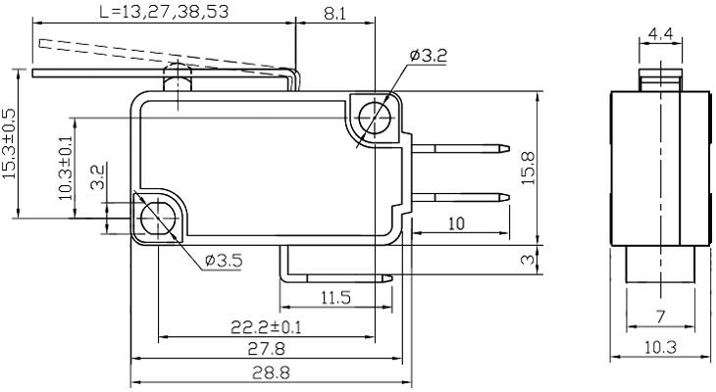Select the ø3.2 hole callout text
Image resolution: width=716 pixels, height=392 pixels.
[429, 57]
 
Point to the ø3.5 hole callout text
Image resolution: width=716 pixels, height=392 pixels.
[224, 260]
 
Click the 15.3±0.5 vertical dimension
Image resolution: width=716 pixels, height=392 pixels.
[10, 143]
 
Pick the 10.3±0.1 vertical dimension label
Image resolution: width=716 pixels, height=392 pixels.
[66, 168]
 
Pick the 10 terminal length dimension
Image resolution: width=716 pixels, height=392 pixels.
[455, 224]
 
